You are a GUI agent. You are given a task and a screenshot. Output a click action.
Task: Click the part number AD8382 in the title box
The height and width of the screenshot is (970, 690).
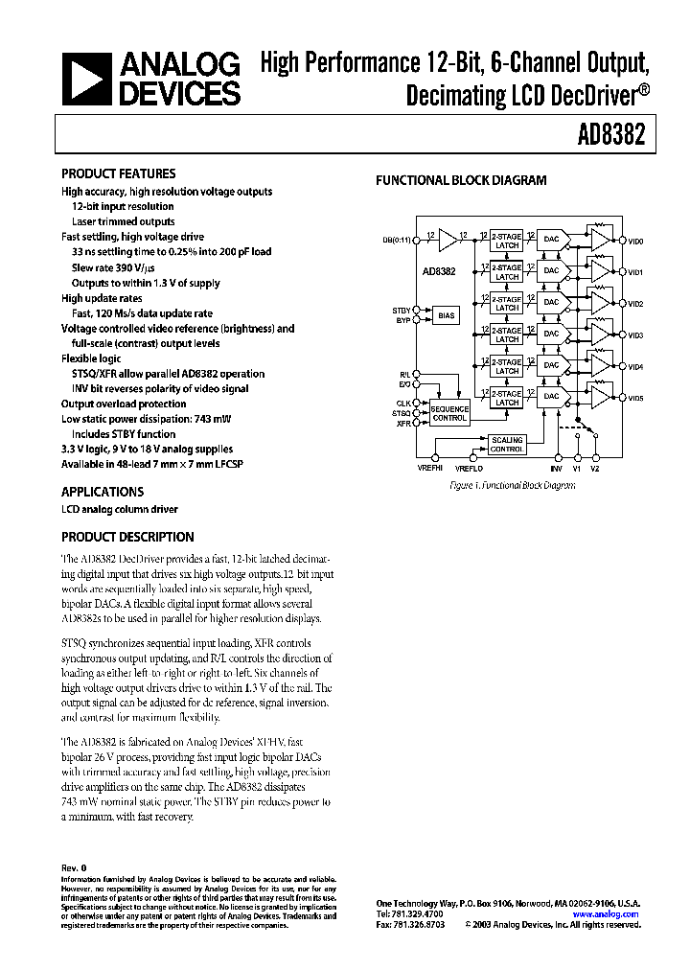pyautogui.click(x=610, y=136)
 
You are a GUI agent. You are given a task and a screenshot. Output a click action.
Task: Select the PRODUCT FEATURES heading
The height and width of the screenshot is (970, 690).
pyautogui.click(x=118, y=173)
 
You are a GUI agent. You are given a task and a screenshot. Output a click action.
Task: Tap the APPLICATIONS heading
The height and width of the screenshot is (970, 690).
pyautogui.click(x=103, y=492)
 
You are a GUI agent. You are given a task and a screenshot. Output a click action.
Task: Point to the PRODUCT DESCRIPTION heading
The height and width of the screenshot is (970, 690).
pyautogui.click(x=127, y=537)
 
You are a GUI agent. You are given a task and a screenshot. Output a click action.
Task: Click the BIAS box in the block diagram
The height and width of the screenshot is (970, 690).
pyautogui.click(x=447, y=314)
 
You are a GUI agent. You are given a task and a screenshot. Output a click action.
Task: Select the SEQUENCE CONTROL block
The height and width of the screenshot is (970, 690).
pyautogui.click(x=449, y=414)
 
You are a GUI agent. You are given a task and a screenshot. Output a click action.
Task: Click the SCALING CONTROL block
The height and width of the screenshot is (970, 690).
pyautogui.click(x=507, y=446)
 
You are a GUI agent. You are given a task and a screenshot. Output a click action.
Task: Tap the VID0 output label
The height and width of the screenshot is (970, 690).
pyautogui.click(x=635, y=241)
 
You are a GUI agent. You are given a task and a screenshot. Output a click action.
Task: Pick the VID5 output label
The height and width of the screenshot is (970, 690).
pyautogui.click(x=635, y=398)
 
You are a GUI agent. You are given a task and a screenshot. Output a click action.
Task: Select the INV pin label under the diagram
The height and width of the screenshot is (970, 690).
pyautogui.click(x=556, y=470)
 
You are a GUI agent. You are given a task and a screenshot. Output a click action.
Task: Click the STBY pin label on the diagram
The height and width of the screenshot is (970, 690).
pyautogui.click(x=401, y=311)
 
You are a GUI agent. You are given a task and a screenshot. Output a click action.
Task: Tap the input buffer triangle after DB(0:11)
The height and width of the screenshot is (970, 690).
pyautogui.click(x=448, y=240)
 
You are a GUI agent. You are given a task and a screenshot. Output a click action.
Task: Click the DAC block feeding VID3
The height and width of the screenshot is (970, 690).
pyautogui.click(x=551, y=335)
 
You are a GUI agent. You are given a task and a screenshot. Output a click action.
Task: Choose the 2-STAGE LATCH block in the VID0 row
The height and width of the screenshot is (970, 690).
pyautogui.click(x=507, y=242)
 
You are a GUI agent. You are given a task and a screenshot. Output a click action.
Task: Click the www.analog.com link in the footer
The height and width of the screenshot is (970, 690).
pyautogui.click(x=610, y=914)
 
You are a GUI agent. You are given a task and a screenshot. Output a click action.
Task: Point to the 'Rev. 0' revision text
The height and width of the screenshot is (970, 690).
pyautogui.click(x=74, y=867)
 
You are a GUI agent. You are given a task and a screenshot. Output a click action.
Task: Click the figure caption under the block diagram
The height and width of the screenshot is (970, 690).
pyautogui.click(x=512, y=486)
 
